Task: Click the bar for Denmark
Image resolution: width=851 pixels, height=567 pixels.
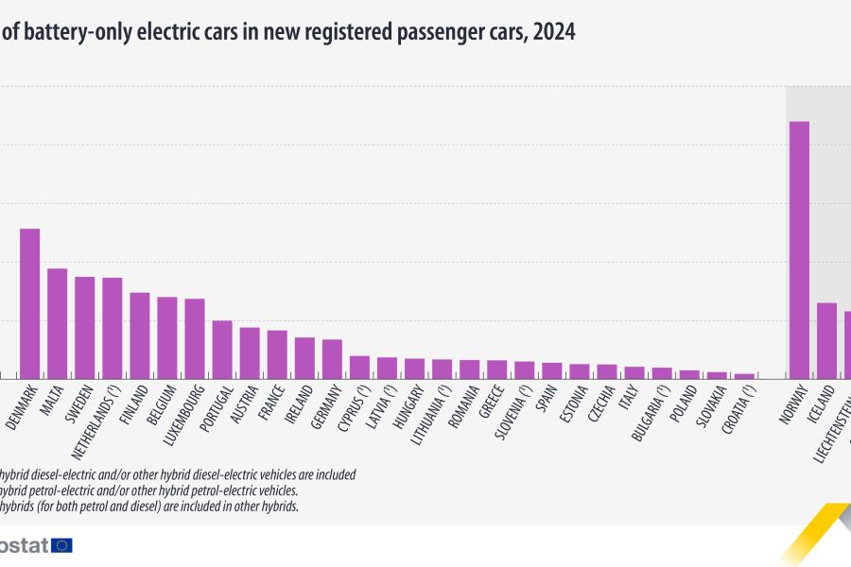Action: [x=29, y=303]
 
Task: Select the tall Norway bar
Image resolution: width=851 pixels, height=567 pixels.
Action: [x=799, y=250]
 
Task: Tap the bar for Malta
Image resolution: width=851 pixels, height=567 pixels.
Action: [x=57, y=323]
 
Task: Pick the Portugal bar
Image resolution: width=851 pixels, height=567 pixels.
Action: [x=222, y=350]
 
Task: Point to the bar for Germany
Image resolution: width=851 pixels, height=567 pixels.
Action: [x=332, y=359]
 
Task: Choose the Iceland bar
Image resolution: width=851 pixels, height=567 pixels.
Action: [x=826, y=340]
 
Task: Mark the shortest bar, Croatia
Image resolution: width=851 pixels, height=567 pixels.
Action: [x=744, y=376]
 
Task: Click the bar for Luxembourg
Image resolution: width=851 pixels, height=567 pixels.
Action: [x=195, y=338]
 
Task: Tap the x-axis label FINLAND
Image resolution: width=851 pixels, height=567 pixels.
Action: [x=134, y=403]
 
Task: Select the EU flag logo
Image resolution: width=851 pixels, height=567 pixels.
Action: [x=61, y=545]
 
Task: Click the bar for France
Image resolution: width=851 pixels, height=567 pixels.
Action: [x=277, y=354]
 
